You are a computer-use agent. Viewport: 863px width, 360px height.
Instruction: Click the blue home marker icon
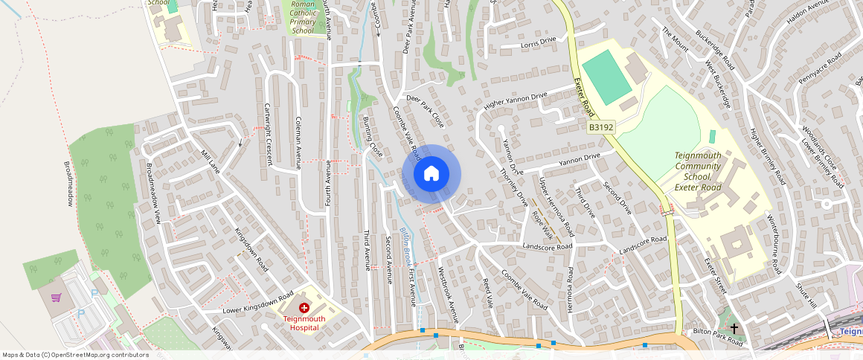(431, 174)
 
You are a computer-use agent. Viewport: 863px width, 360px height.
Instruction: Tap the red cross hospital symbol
(304, 308)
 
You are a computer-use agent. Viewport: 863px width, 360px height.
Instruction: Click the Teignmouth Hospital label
(304, 323)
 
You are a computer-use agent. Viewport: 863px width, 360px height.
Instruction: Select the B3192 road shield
(601, 128)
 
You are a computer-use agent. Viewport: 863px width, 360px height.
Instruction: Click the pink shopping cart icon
(56, 298)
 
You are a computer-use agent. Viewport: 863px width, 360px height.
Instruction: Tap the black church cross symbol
(734, 328)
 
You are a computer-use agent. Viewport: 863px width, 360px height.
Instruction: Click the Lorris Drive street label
(538, 42)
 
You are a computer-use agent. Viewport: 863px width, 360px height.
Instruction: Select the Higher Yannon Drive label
(516, 101)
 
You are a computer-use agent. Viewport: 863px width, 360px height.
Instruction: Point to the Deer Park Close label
(424, 111)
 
